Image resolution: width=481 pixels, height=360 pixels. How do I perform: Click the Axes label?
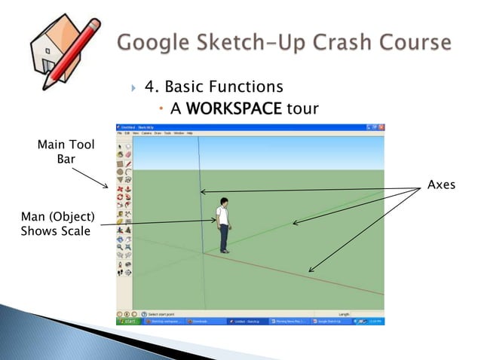441,185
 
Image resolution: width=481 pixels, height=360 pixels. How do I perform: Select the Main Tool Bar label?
66,151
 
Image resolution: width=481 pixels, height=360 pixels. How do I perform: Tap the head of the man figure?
223,201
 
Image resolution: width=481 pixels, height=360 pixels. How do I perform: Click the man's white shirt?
223,216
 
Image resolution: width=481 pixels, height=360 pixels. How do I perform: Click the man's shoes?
224,251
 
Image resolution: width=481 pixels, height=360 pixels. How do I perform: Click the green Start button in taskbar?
128,321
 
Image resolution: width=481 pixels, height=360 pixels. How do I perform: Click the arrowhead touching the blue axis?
202,192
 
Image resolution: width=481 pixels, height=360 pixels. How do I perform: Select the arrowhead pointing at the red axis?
311,270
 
